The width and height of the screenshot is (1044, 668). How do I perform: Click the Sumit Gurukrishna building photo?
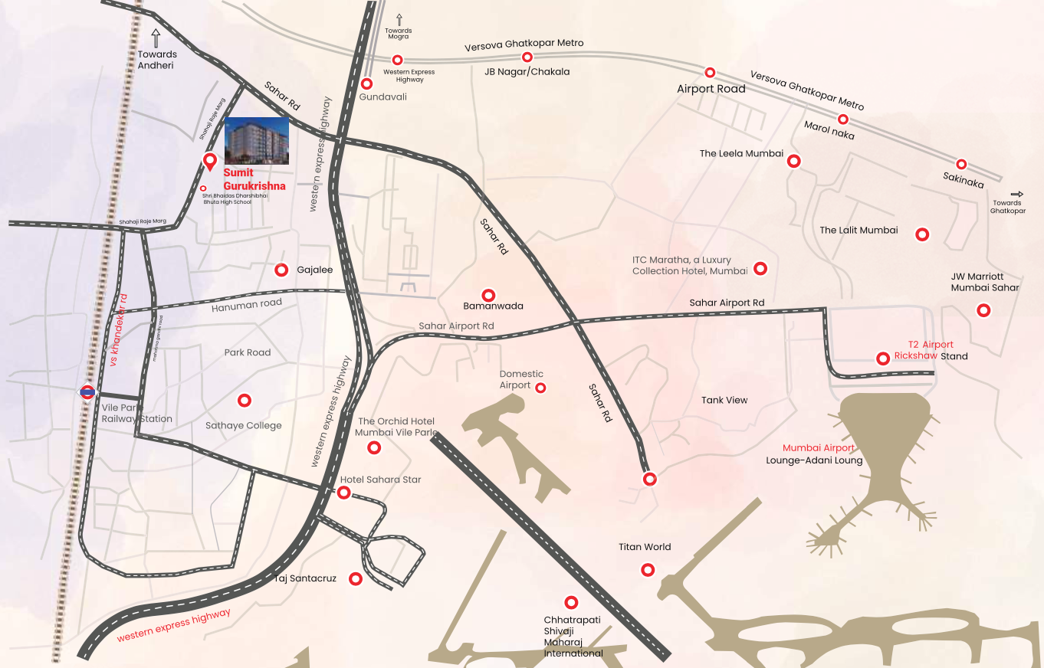click(256, 141)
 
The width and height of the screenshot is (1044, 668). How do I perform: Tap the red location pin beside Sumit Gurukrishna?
click(209, 162)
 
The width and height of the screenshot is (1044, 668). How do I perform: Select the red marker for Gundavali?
click(367, 83)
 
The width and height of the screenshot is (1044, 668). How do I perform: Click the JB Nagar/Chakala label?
click(527, 72)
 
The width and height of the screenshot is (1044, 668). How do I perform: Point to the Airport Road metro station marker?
click(710, 72)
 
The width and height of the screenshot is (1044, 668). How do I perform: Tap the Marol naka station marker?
click(842, 119)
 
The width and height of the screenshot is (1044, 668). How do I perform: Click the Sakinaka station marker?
click(961, 164)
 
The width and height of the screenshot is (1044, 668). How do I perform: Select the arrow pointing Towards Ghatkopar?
click(1017, 195)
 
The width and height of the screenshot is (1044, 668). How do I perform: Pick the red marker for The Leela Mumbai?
click(794, 161)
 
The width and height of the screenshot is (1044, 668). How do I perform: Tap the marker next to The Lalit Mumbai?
click(923, 234)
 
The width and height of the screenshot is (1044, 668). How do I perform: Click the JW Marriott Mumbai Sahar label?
click(985, 282)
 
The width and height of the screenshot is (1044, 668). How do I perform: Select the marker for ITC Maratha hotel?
click(760, 268)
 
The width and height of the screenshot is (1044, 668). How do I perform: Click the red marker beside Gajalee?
click(281, 270)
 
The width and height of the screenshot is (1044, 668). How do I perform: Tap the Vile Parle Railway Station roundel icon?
click(87, 392)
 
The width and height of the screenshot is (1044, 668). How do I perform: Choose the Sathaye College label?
click(243, 426)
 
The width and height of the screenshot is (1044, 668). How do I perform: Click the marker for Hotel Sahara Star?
click(344, 493)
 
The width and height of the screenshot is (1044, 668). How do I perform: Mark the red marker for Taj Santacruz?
click(355, 578)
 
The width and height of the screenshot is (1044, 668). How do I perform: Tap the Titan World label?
click(645, 547)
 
